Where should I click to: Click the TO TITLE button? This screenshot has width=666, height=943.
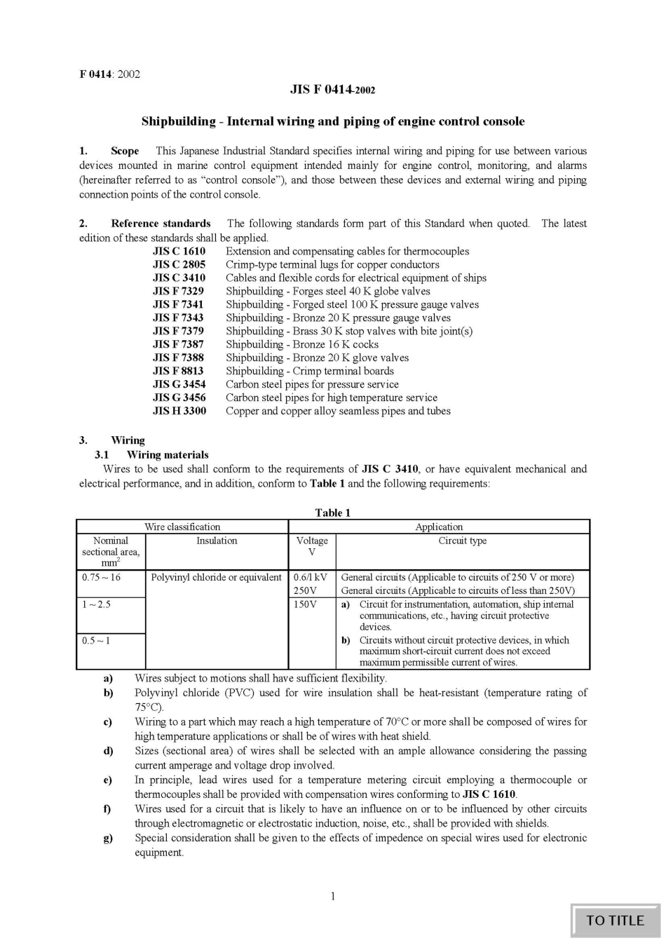615,921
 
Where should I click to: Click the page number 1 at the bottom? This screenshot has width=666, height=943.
332,896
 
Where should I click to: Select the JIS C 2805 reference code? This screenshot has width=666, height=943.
179,264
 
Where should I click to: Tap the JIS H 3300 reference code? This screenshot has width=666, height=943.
179,411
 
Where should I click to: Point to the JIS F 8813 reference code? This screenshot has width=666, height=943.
179,371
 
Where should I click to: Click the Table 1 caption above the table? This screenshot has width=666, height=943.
332,513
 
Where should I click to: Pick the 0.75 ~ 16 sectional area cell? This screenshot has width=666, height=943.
102,577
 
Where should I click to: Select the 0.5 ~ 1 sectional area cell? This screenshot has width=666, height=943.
96,640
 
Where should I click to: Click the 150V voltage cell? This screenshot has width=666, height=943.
305,604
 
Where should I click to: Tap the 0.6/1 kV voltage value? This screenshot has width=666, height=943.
311,577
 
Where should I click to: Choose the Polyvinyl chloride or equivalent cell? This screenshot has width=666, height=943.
217,577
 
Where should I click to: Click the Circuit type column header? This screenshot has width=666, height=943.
462,541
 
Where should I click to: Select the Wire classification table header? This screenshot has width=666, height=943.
182,527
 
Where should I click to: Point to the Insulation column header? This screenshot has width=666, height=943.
217,541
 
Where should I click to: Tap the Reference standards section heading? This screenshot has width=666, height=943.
161,223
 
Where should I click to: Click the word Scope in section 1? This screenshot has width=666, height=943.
125,151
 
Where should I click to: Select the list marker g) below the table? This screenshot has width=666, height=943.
108,838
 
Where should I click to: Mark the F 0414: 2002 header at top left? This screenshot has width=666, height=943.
109,74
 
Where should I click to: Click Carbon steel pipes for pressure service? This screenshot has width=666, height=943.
312,384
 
